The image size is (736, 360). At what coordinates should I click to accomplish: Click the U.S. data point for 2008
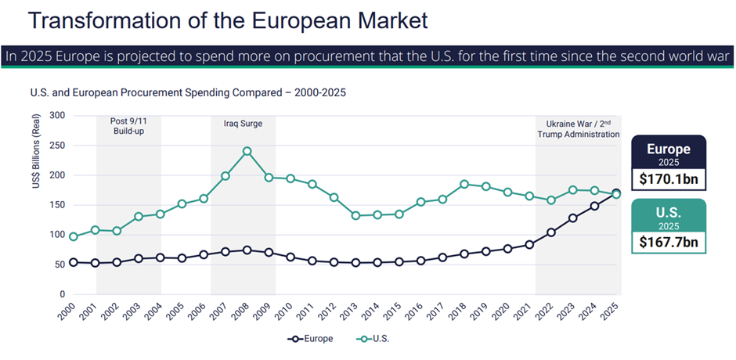coord(247,151)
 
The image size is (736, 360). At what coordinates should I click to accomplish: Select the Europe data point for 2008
coord(247,250)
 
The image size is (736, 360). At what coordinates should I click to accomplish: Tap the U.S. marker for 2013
coord(355,215)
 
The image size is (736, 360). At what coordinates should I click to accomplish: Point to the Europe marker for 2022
coord(551,232)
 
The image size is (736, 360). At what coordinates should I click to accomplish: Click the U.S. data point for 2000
coord(74,236)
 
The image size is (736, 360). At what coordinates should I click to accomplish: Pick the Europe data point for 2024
coord(594,206)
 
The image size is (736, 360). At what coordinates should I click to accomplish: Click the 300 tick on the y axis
coord(57,115)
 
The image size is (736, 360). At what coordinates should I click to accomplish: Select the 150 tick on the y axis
coord(57,205)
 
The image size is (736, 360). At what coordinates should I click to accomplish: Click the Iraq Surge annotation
coord(243,124)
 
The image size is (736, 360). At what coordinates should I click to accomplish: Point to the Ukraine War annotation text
coord(578,128)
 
